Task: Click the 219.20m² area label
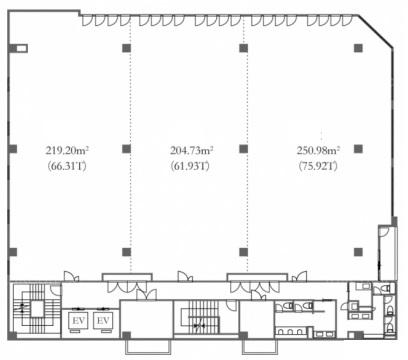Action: pos(67,151)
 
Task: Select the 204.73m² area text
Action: pos(192,151)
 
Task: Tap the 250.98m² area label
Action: pos(318,151)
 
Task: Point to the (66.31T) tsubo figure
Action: pos(67,166)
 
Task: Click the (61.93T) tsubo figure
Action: pos(190,166)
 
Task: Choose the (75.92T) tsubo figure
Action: pos(318,166)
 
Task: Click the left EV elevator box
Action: pos(79,321)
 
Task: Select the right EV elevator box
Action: pos(103,321)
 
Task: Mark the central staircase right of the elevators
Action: pos(200,317)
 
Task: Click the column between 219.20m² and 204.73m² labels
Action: pos(126,149)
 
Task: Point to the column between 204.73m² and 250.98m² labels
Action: pos(244,149)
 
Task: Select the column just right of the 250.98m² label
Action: pos(358,149)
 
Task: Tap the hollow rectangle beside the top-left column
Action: pos(22,49)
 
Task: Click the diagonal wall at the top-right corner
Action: pos(376,32)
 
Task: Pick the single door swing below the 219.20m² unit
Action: pos(72,276)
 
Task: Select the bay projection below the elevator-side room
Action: pos(148,347)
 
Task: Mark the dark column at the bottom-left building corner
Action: pos(12,335)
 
